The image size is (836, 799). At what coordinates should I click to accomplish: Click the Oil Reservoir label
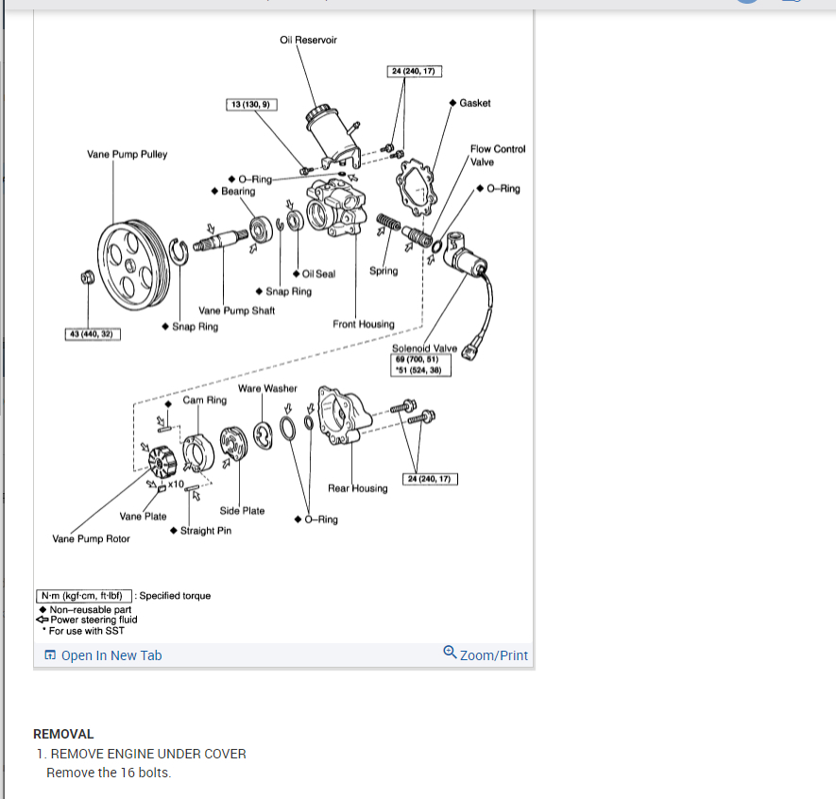point(308,40)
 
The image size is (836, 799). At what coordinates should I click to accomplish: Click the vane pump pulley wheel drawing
point(133,263)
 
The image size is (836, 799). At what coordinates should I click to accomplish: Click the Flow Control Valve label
point(498,155)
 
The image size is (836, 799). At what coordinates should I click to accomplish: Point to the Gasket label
point(474,102)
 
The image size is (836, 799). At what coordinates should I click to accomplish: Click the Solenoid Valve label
point(424,348)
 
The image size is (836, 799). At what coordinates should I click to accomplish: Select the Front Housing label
point(364,324)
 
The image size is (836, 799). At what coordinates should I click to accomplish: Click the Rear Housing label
point(357,488)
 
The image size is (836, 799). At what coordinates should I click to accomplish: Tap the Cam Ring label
point(205,399)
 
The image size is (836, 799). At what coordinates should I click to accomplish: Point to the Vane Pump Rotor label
point(92,538)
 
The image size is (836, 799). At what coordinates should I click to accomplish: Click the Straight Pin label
point(205,531)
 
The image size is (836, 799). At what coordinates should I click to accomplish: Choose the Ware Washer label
point(267,388)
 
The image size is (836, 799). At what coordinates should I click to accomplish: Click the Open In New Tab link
point(111,655)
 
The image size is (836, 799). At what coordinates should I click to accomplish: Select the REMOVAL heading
point(63,734)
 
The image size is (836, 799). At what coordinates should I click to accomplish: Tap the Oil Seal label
point(318,274)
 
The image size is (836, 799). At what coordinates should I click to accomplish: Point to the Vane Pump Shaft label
point(236,311)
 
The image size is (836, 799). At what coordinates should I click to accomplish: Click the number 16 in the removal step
point(128,773)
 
